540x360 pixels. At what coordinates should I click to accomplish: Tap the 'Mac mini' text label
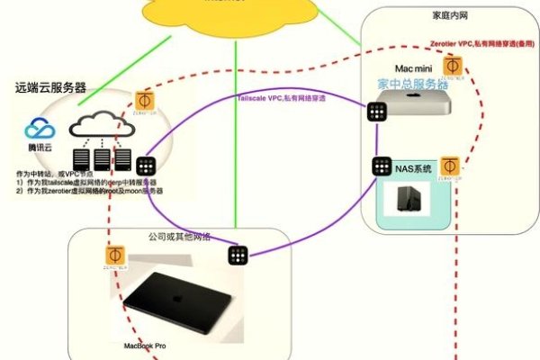pos(415,67)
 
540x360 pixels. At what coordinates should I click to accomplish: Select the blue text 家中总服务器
pos(413,84)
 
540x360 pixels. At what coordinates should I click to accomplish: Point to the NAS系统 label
pos(415,168)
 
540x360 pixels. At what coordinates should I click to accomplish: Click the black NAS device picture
pos(407,199)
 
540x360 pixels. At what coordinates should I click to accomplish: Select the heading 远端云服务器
pos(50,87)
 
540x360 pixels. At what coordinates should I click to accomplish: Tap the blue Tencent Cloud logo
pos(40,134)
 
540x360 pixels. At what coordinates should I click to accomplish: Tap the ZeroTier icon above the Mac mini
pos(454,66)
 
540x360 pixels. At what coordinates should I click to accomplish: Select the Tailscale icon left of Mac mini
pos(377,111)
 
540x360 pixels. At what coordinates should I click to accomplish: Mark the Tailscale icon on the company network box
pos(238,255)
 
